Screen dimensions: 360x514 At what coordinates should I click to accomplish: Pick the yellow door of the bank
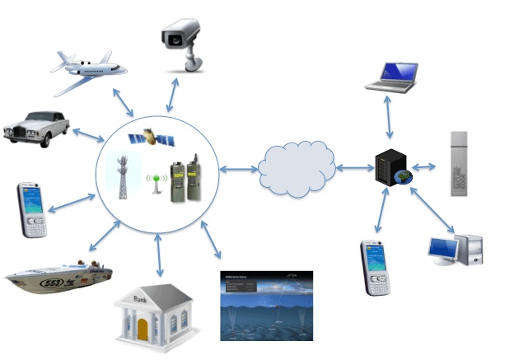pyautogui.click(x=143, y=330)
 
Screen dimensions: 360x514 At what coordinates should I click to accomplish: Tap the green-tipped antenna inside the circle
pyautogui.click(x=153, y=180)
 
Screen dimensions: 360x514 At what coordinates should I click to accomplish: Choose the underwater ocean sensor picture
pyautogui.click(x=266, y=306)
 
